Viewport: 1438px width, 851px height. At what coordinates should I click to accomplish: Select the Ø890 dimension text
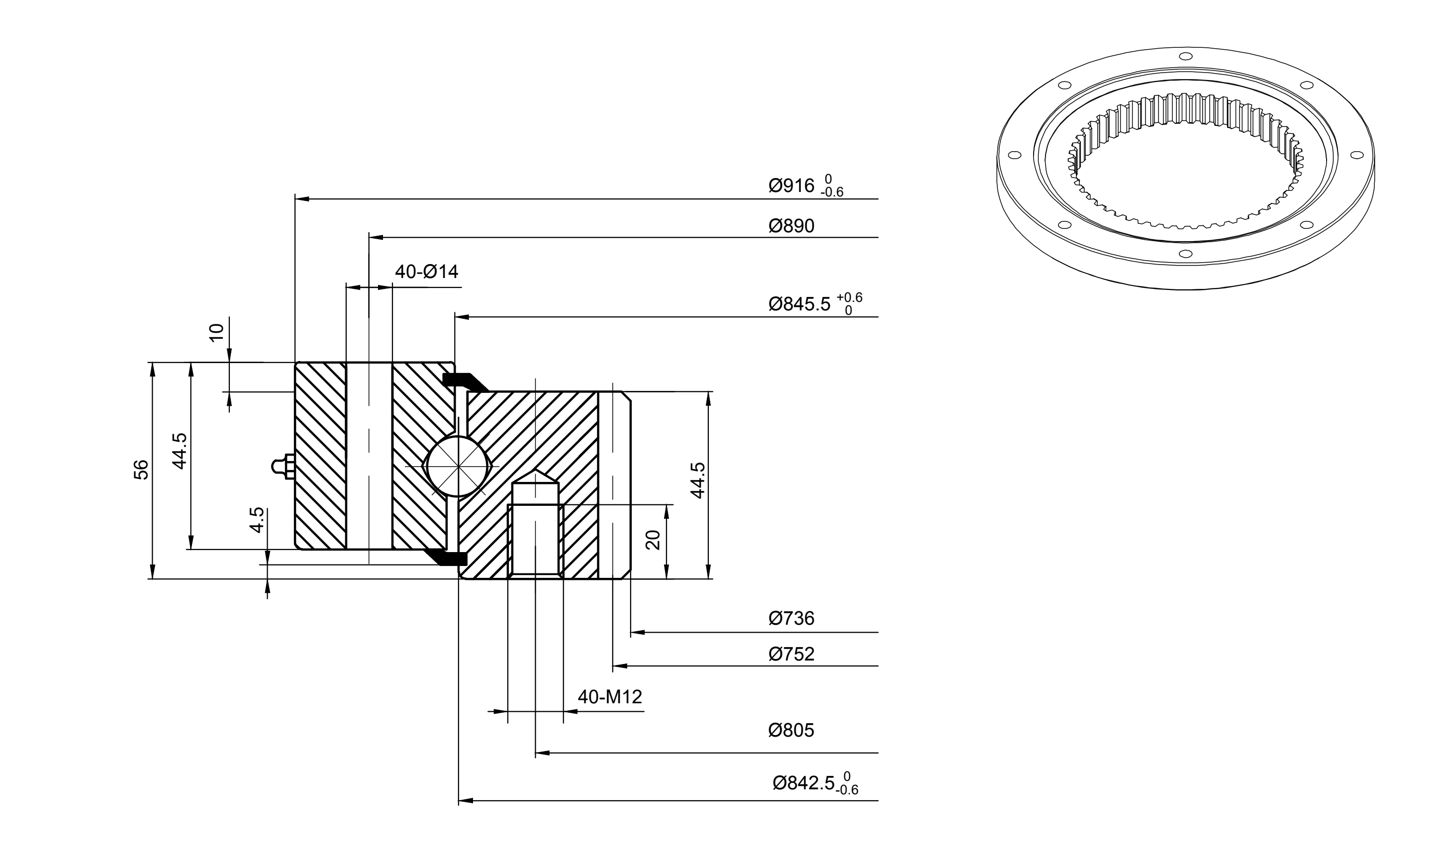[x=791, y=226]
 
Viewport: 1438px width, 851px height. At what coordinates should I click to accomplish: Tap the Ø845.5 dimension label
[x=799, y=304]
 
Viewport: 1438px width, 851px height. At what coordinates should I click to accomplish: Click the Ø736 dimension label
[x=791, y=618]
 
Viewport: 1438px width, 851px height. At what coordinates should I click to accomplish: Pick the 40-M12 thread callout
[x=610, y=697]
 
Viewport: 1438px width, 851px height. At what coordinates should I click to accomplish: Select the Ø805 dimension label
[x=791, y=731]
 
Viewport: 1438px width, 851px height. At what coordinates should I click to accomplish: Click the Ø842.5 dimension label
[x=803, y=783]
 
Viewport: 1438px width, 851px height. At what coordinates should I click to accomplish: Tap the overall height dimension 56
[x=141, y=470]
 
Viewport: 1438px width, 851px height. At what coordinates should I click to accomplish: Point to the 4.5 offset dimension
[x=258, y=520]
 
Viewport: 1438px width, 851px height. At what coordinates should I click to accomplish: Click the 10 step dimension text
[x=217, y=332]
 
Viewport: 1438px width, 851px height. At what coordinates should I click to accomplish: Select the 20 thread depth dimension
[x=653, y=540]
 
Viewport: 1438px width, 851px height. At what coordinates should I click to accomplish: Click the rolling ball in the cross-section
[x=457, y=466]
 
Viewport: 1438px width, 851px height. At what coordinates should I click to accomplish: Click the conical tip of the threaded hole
[x=535, y=476]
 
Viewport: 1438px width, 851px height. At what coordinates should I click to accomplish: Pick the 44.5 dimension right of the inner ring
[x=697, y=480]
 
